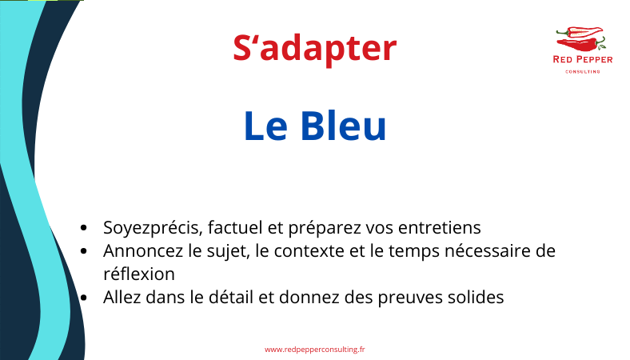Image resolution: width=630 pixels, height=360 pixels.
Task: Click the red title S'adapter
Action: pos(314,49)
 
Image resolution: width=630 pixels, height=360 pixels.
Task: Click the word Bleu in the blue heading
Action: pos(343,126)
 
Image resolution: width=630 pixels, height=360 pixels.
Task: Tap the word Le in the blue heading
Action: pos(265,126)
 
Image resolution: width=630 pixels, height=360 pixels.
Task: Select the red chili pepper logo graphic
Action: pos(581,39)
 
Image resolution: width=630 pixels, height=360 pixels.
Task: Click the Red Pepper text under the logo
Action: pos(583,59)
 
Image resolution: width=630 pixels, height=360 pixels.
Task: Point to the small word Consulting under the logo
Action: pos(583,71)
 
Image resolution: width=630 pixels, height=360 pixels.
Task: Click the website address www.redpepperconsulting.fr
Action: pos(314,350)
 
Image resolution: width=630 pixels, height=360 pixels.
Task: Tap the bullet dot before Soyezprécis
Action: pos(84,228)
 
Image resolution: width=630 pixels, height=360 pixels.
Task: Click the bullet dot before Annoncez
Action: pos(84,251)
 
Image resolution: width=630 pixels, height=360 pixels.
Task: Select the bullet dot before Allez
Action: pos(84,298)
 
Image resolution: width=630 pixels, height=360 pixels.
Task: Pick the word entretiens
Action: pos(440,228)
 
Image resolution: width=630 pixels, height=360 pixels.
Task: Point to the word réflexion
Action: pos(139,274)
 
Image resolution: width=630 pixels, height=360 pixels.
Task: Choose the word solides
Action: pos(470,298)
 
